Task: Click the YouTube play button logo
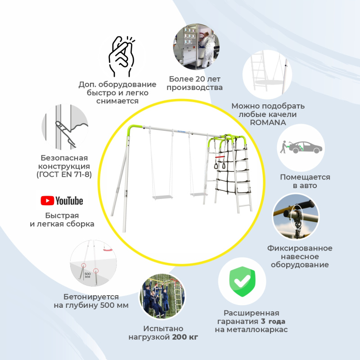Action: click(x=47, y=201)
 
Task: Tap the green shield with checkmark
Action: click(x=242, y=282)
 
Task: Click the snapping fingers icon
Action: click(x=121, y=56)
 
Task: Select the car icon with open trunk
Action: click(x=301, y=148)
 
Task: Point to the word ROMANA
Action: click(x=268, y=122)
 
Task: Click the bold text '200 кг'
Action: click(x=185, y=337)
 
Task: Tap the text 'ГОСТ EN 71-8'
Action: click(x=64, y=175)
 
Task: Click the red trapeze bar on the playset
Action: click(x=220, y=157)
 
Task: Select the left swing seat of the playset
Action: click(x=162, y=197)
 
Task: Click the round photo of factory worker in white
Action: click(x=196, y=47)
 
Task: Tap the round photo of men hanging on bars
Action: click(x=162, y=296)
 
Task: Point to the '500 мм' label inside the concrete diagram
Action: click(x=87, y=275)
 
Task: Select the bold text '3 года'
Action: click(x=273, y=321)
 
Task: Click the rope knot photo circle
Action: click(x=296, y=216)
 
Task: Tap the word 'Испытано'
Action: click(x=163, y=328)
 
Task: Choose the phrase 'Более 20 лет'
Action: click(x=195, y=79)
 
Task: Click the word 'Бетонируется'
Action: click(x=91, y=297)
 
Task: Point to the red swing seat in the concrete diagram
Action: click(x=108, y=249)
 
